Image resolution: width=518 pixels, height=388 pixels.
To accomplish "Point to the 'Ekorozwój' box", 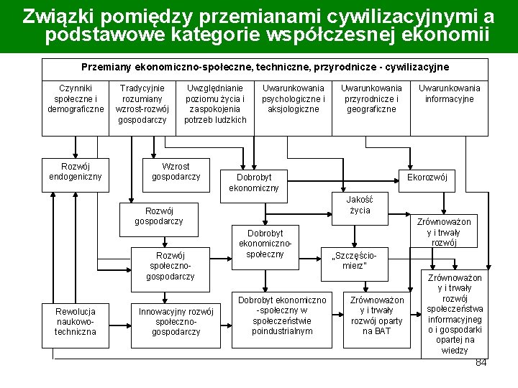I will tap(427, 177).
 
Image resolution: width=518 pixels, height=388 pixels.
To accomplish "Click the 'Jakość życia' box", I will tap(360, 204).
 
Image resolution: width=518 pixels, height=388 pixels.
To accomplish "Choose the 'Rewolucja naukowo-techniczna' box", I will tap(76, 321).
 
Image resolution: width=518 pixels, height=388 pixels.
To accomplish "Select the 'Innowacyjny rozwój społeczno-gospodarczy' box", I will tap(176, 321).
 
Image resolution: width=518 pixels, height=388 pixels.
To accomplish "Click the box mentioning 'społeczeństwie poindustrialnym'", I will tap(282, 315).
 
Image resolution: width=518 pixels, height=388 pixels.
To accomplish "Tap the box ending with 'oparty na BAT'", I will tap(377, 315).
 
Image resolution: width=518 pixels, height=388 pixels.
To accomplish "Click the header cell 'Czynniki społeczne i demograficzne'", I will tap(76, 98).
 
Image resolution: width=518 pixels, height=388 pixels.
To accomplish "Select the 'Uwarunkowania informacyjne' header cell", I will tap(450, 93).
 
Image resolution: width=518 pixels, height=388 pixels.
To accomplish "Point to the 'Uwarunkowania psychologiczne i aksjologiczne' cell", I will tap(293, 98).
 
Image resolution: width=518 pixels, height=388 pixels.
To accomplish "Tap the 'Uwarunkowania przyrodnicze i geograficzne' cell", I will tap(371, 98).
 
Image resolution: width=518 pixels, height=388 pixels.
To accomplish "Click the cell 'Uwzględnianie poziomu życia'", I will tap(215, 103).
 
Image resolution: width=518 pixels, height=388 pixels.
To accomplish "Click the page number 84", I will tap(481, 362).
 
